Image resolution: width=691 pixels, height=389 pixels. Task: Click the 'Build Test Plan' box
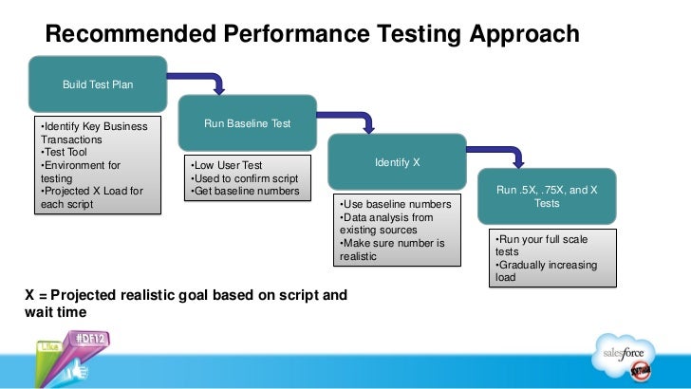pyautogui.click(x=98, y=84)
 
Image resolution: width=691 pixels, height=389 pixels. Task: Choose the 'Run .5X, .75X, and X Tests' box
pyautogui.click(x=547, y=196)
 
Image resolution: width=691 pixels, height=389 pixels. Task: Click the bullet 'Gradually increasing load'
pyautogui.click(x=545, y=271)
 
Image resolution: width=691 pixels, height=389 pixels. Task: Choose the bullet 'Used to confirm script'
pyautogui.click(x=245, y=179)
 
